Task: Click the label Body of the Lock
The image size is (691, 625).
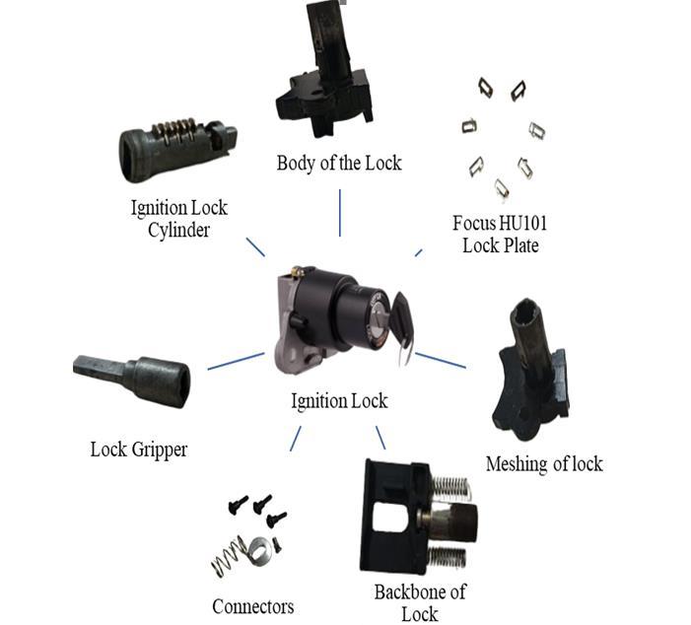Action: pos(339,163)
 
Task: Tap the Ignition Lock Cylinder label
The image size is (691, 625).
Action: pos(179,218)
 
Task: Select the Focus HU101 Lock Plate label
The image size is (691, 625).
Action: pos(500,234)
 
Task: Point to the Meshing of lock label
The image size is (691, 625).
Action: pos(543,463)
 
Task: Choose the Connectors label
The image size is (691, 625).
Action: pos(252,606)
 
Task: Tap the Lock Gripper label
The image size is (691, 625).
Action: pos(138,450)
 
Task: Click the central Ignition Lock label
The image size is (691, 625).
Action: pos(339,401)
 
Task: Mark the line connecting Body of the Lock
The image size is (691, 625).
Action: pos(340,212)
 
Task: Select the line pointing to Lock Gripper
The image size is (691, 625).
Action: pos(236,361)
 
